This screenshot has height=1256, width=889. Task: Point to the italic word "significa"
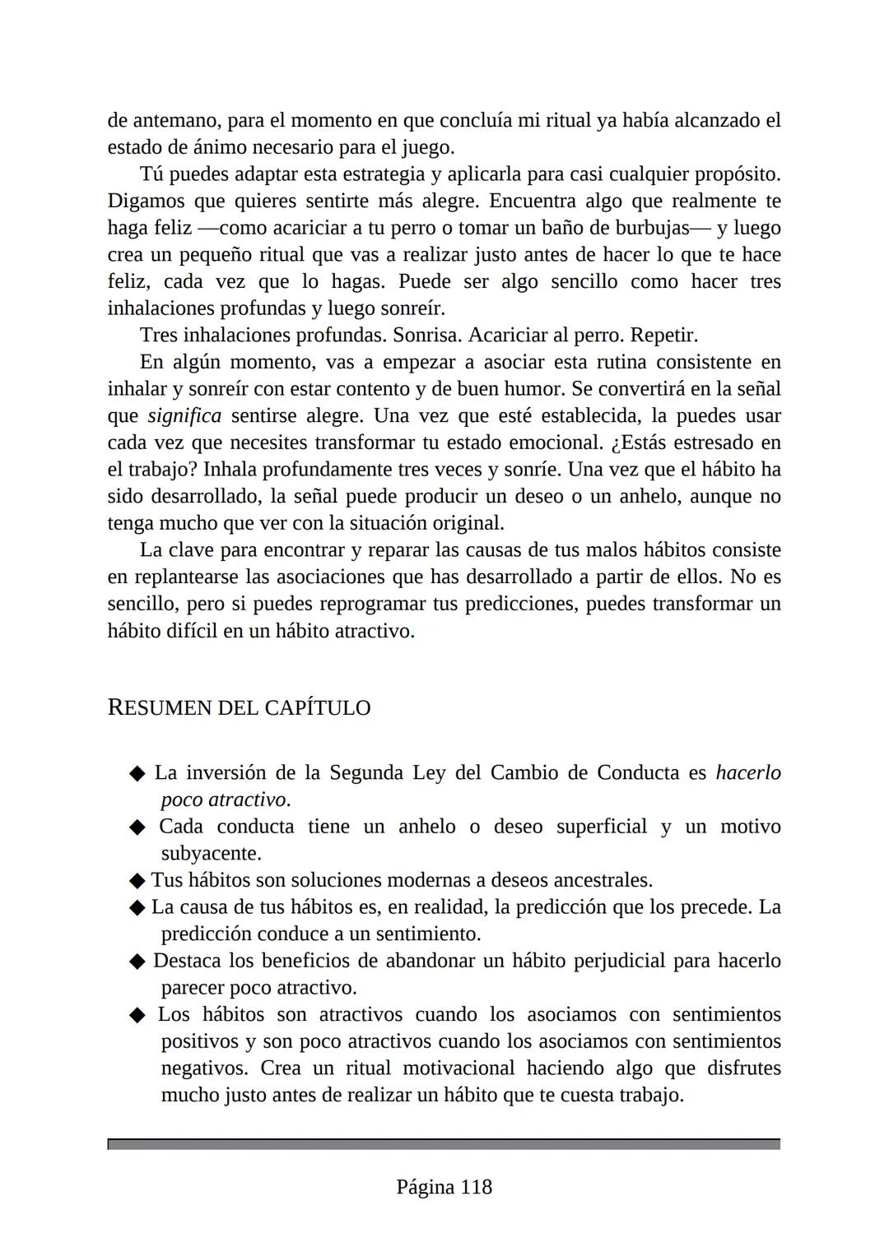coord(185,416)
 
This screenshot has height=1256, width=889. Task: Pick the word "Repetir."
coord(663,336)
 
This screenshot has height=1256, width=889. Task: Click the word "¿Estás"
coord(639,443)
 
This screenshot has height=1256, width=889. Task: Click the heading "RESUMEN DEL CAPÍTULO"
coord(239,708)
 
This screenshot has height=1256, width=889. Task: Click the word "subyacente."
coord(211,853)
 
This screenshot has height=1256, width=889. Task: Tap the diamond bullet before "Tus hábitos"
coord(137,881)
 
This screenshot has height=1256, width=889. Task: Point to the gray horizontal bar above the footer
coord(444,1144)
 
